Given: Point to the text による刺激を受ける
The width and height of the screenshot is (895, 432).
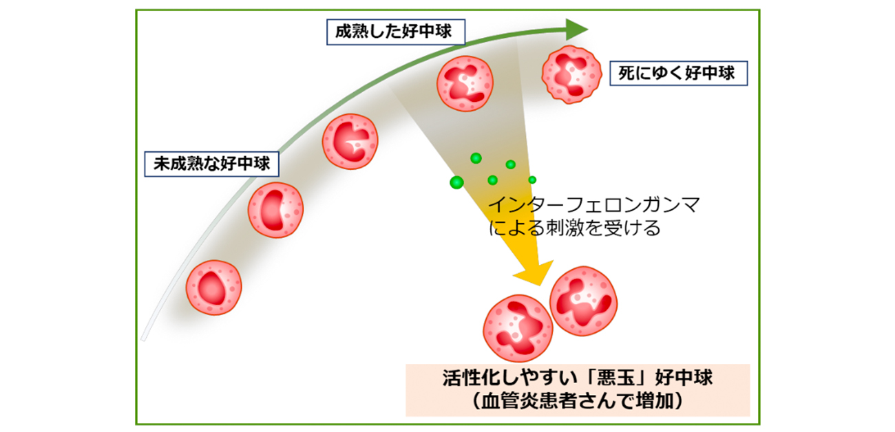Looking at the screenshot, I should click(x=574, y=228).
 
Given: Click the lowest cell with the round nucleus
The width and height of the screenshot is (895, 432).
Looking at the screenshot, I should click(x=214, y=288).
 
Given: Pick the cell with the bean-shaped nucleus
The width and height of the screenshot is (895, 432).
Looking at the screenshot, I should click(x=275, y=210).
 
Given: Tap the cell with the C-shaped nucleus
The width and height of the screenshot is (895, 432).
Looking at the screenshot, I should click(x=350, y=142).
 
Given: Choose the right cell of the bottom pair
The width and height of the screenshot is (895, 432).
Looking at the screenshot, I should click(x=583, y=301).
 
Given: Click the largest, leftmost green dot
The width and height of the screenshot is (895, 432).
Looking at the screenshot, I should click(x=456, y=182).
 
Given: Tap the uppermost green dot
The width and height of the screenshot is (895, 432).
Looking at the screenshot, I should click(x=475, y=158).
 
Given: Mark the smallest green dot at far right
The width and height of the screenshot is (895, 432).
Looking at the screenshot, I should click(x=532, y=180).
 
